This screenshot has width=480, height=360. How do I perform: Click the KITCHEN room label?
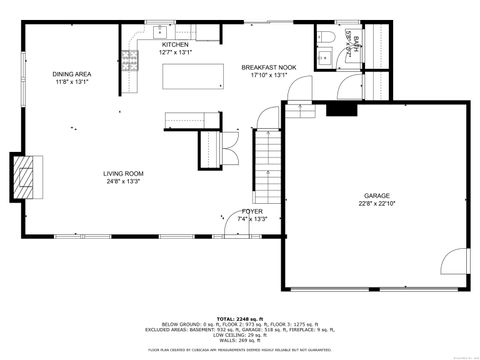[x=176, y=45]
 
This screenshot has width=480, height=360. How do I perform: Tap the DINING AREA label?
[x=71, y=74]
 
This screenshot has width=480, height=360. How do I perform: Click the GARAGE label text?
[x=376, y=196]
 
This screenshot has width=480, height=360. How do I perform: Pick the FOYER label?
[x=252, y=211]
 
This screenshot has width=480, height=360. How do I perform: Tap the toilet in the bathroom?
[x=327, y=38]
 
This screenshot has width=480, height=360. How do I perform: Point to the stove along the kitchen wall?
[x=128, y=63]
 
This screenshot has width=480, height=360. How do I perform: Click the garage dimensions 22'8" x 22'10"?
[x=376, y=204]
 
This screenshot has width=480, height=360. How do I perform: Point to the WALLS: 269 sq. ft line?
[x=239, y=340]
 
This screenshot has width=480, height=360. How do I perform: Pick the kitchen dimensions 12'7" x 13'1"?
[x=176, y=53]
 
